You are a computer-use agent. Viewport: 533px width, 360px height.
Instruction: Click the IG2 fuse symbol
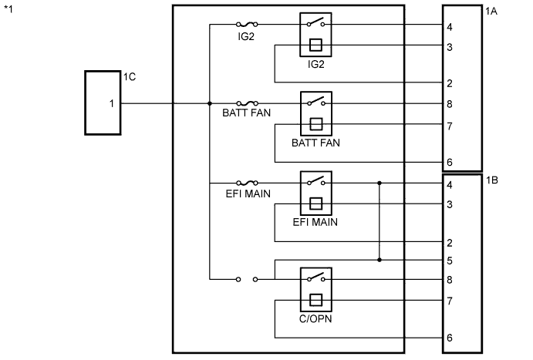pyautogui.click(x=247, y=25)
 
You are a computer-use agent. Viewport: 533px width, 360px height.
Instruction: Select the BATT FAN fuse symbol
pyautogui.click(x=247, y=103)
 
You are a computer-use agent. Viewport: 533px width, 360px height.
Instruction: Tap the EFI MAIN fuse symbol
pyautogui.click(x=247, y=183)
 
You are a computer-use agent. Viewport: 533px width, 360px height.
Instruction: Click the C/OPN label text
pyautogui.click(x=315, y=319)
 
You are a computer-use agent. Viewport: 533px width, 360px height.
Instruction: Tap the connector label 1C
pyautogui.click(x=130, y=77)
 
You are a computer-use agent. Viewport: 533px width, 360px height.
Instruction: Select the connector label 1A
pyautogui.click(x=491, y=12)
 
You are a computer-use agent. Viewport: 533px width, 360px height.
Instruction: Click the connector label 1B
pyautogui.click(x=492, y=180)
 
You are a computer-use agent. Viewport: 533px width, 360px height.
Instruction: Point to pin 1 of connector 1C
pyautogui.click(x=112, y=103)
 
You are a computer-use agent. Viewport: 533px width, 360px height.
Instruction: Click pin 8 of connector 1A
pyautogui.click(x=450, y=104)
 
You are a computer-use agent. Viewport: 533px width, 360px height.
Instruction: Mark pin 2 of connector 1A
pyautogui.click(x=450, y=83)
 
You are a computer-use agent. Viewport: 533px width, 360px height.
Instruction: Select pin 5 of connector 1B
pyautogui.click(x=450, y=261)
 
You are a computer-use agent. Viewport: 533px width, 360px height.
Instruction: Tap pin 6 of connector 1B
pyautogui.click(x=450, y=338)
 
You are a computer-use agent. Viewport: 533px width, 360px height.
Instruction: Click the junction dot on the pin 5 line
pyautogui.click(x=380, y=260)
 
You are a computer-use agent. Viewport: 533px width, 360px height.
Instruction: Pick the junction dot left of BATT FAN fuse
pyautogui.click(x=210, y=103)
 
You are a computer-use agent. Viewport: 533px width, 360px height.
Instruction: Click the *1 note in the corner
pyautogui.click(x=8, y=8)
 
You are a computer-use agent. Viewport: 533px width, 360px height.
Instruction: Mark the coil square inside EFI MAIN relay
pyautogui.click(x=316, y=204)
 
